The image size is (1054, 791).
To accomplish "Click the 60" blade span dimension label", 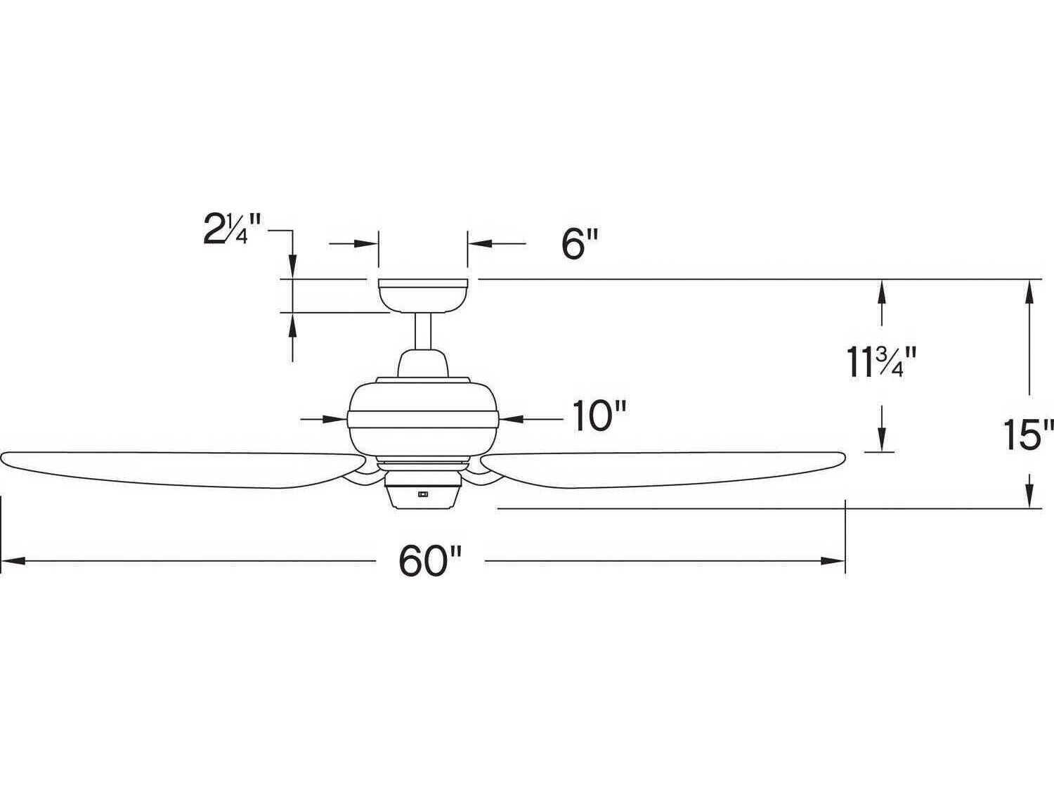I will click(x=430, y=561).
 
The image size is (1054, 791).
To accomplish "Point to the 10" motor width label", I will click(x=599, y=417).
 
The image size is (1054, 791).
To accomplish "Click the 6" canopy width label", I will click(x=579, y=244).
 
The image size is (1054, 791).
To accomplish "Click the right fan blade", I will click(x=661, y=468).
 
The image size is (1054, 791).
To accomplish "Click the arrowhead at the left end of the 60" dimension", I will click(x=14, y=561).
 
